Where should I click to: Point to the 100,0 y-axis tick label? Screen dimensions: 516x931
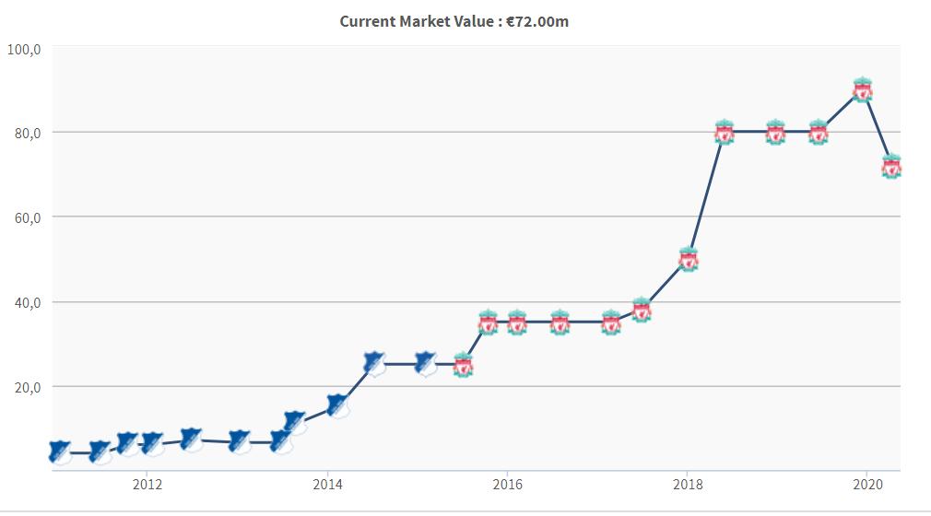tap(25, 49)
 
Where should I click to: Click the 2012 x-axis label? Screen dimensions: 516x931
tap(147, 485)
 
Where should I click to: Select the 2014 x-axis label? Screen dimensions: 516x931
tap(327, 485)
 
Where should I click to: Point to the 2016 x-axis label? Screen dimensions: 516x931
tap(507, 485)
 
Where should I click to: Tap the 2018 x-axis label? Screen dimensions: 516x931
tap(687, 485)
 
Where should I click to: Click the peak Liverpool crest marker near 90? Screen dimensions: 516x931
tap(863, 89)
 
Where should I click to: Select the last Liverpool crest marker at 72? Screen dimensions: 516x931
tap(891, 167)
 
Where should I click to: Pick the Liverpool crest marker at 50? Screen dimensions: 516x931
tap(688, 260)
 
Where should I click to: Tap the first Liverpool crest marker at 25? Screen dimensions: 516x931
tap(464, 365)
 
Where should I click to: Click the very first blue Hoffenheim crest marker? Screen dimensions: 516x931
tap(60, 452)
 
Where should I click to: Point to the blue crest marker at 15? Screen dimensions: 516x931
tap(337, 405)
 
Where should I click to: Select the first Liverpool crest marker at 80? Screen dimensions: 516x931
tap(725, 133)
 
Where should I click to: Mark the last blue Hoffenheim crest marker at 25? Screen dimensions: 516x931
tap(425, 363)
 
